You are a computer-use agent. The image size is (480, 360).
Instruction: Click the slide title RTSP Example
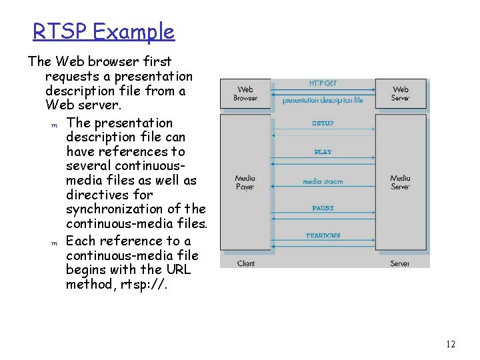pos(103,31)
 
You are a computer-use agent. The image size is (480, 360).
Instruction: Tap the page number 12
pos(450,344)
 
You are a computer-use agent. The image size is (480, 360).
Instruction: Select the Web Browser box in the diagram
pos(245,93)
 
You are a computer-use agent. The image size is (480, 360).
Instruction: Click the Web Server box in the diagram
pos(401,93)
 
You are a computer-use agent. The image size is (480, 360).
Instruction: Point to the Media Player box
pos(245,182)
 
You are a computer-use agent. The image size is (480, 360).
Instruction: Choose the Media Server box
pos(401,182)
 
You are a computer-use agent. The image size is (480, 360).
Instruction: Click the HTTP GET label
pos(323,83)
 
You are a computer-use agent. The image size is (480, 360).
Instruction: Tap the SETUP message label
pos(323,123)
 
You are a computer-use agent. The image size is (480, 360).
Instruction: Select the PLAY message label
pos(323,152)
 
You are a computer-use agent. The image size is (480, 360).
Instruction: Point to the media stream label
pos(323,181)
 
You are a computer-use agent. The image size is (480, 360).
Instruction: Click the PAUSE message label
pos(323,208)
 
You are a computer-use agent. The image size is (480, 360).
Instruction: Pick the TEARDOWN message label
pos(323,235)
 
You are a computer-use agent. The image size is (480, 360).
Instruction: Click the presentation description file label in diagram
pos(323,101)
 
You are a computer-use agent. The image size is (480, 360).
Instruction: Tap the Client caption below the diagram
pos(246,263)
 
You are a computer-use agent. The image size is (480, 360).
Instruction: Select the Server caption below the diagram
pos(400,263)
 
